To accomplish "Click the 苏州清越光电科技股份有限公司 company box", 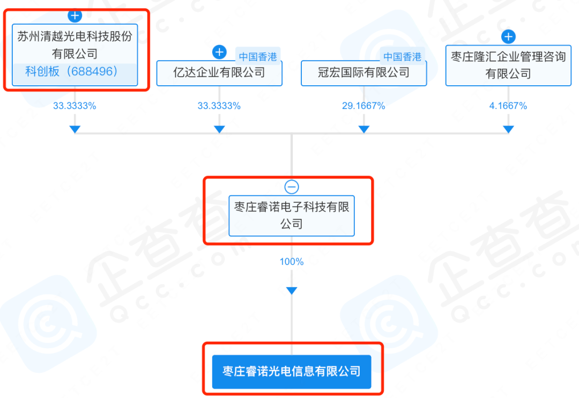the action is [75, 55].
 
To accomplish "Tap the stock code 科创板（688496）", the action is [71, 71].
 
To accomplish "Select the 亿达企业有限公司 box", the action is [219, 73].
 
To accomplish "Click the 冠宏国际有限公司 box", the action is [363, 73].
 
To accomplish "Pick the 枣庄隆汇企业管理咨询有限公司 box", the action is [508, 65].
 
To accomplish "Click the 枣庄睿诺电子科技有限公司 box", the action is [292, 216].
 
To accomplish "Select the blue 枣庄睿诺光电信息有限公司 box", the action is [292, 372].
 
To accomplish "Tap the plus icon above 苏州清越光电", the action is [75, 16].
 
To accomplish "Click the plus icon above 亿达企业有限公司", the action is [219, 52].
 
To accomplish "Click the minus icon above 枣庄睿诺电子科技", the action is [292, 187].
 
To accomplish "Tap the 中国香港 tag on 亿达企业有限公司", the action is [258, 57].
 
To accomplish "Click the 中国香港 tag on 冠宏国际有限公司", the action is [402, 57].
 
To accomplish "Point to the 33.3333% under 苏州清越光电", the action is [75, 106].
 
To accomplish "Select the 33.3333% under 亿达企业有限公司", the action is [219, 106].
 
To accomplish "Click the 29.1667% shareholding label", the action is [363, 106].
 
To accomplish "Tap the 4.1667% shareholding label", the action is [508, 106].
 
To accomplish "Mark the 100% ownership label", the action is [292, 262].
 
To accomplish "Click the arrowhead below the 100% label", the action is [292, 291].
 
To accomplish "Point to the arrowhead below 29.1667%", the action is [363, 129].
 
